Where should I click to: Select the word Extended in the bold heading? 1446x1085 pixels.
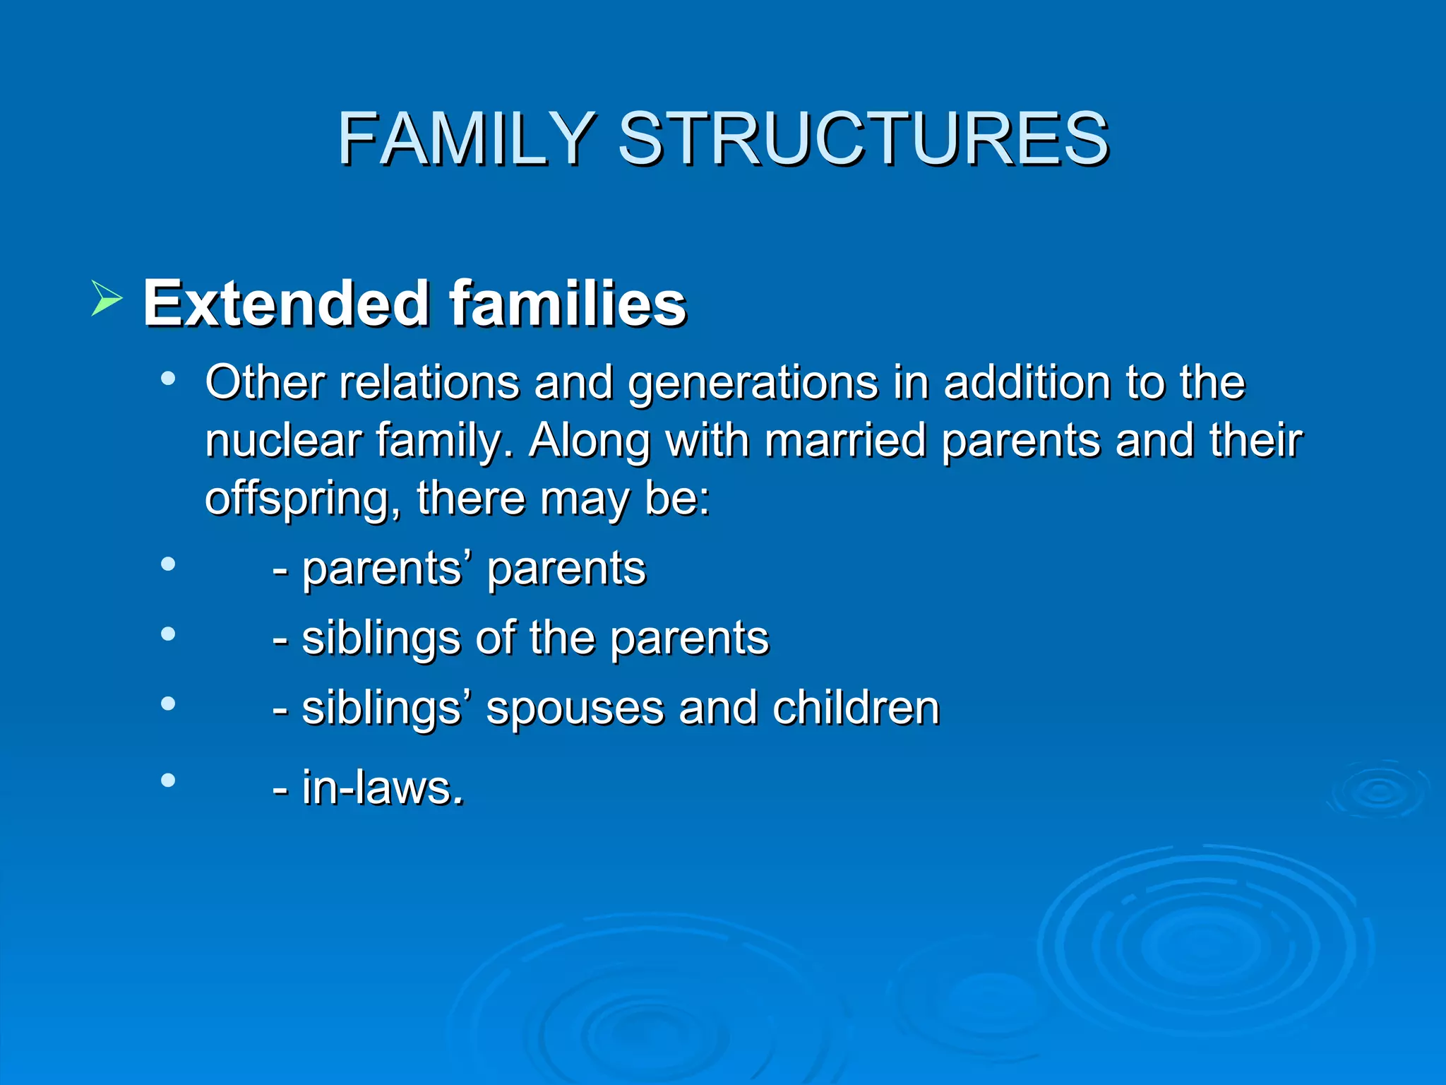tap(286, 304)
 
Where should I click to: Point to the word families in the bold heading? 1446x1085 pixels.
tap(568, 304)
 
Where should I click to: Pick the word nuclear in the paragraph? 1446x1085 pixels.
tap(283, 441)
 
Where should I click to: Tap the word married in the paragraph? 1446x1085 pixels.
tap(844, 441)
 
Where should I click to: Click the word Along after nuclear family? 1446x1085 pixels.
tap(590, 441)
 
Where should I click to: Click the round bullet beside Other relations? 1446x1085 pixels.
tap(167, 379)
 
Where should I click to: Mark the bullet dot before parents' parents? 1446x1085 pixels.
tap(167, 564)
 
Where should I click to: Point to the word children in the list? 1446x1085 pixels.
tap(856, 708)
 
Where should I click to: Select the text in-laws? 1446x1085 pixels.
tap(382, 787)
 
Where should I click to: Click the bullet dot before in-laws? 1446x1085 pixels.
tap(167, 780)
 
